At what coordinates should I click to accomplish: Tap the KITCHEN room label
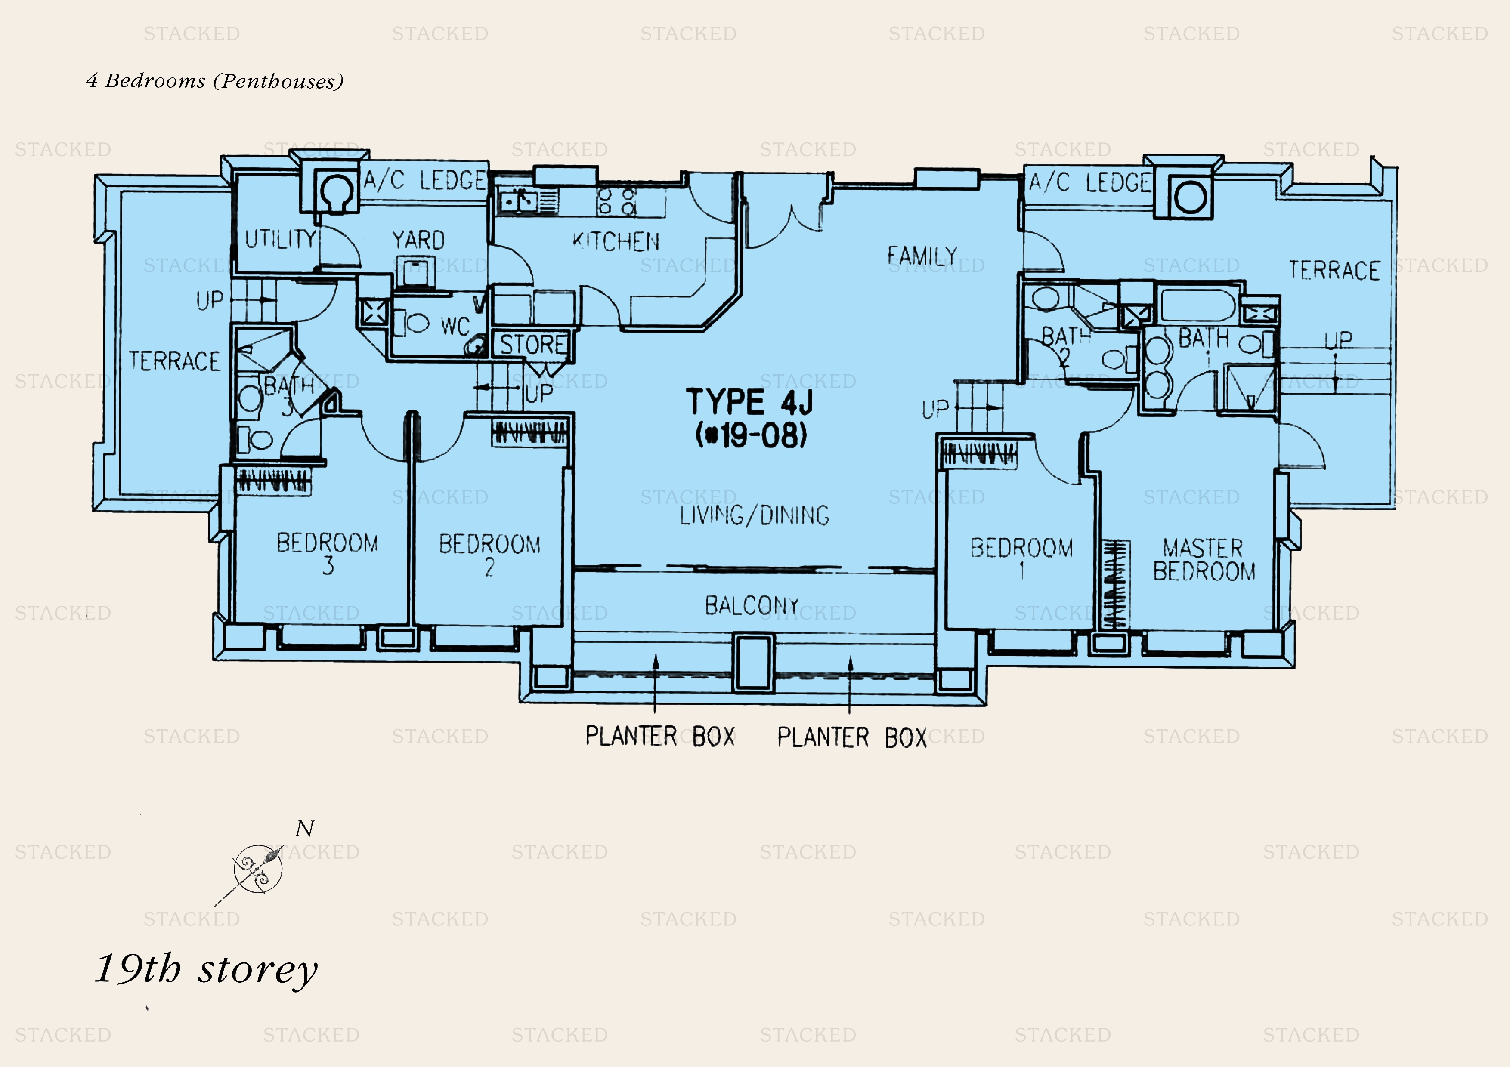pos(616,241)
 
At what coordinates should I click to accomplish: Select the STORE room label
pos(533,345)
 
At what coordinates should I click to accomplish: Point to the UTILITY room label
pos(280,239)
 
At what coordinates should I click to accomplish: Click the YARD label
pos(418,240)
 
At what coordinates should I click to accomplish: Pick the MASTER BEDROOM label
pos(1204,559)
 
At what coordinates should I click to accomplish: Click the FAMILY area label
pos(922,255)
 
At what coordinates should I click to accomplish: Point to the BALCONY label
pos(752,605)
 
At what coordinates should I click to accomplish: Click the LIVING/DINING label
pos(754,515)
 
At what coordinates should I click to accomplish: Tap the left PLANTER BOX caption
pos(659,736)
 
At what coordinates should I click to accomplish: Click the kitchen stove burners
pos(617,201)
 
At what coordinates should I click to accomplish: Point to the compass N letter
pos(304,829)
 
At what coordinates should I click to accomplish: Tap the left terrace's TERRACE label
pos(174,361)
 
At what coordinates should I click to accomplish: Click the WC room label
pos(455,325)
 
